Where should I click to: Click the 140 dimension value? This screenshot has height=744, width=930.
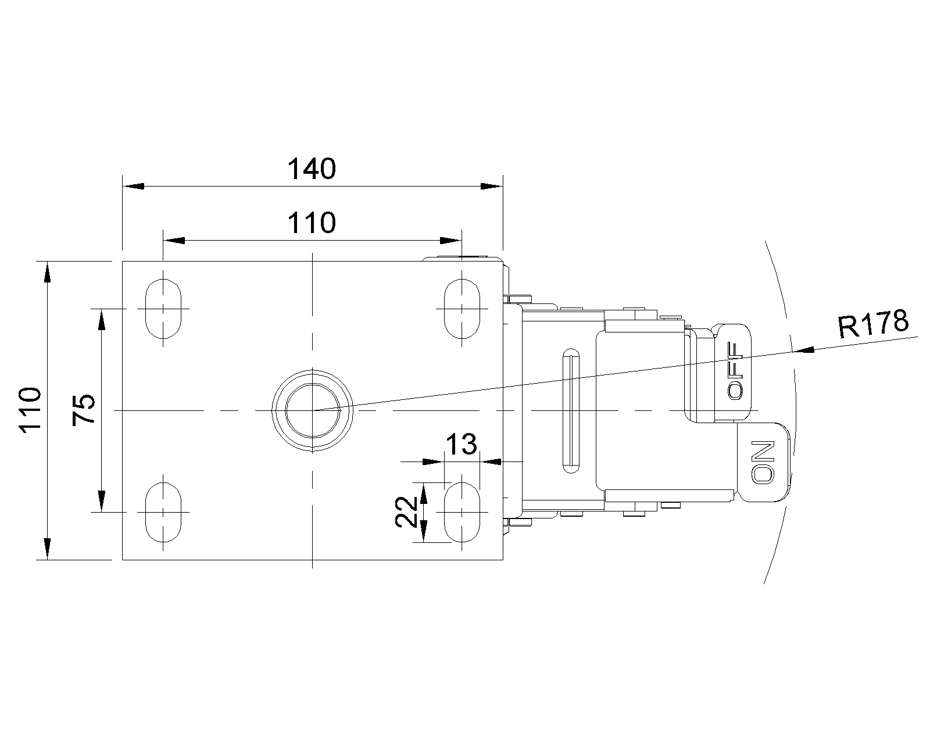(x=312, y=169)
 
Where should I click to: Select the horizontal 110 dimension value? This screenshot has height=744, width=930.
(x=312, y=223)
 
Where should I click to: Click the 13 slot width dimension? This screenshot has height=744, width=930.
(x=461, y=445)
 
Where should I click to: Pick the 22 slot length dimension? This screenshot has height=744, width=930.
(x=406, y=512)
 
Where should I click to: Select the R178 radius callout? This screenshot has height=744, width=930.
(x=872, y=325)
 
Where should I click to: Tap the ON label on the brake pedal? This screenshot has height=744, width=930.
(x=763, y=463)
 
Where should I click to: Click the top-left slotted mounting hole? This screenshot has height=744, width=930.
(x=163, y=309)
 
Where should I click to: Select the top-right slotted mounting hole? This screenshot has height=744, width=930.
(x=462, y=309)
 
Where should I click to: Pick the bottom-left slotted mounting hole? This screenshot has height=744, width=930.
(x=163, y=512)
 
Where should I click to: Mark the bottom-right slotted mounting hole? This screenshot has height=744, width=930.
(x=462, y=512)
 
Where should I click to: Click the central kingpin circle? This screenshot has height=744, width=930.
(x=313, y=410)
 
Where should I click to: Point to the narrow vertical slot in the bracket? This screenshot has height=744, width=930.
(x=570, y=410)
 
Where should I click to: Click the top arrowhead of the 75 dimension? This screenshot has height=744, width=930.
(x=102, y=320)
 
